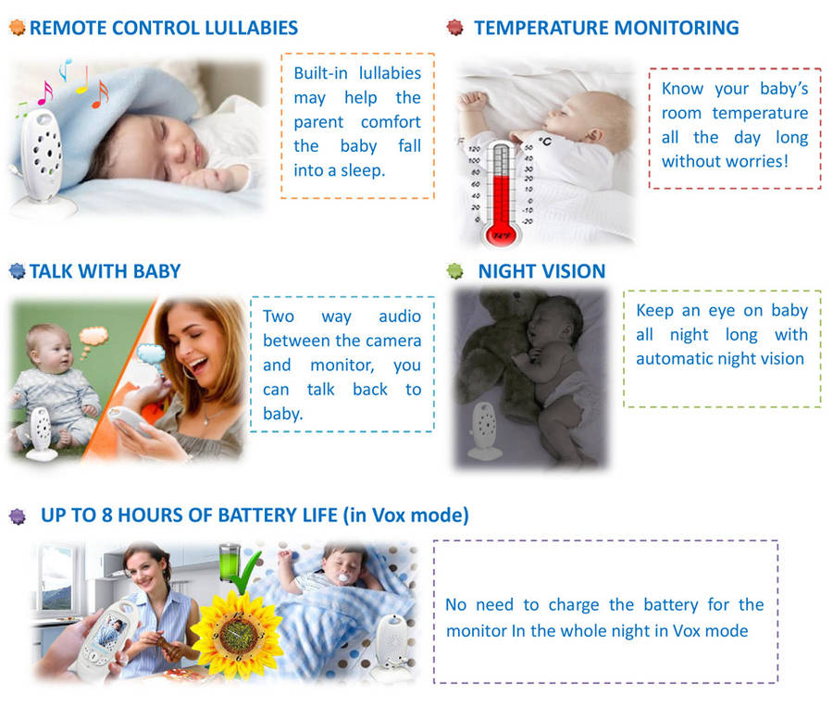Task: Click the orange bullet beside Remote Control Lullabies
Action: tap(17, 27)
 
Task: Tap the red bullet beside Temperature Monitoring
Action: tap(454, 27)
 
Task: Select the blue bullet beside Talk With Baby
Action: tap(17, 271)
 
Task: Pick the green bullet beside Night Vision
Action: tap(454, 271)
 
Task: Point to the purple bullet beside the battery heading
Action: tap(18, 515)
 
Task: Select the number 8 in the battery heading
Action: tap(106, 515)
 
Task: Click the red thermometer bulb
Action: tap(500, 234)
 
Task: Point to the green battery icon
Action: tap(230, 563)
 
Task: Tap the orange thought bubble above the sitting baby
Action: tap(93, 337)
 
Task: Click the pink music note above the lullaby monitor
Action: tap(45, 93)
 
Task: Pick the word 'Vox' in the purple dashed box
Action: tap(686, 631)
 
